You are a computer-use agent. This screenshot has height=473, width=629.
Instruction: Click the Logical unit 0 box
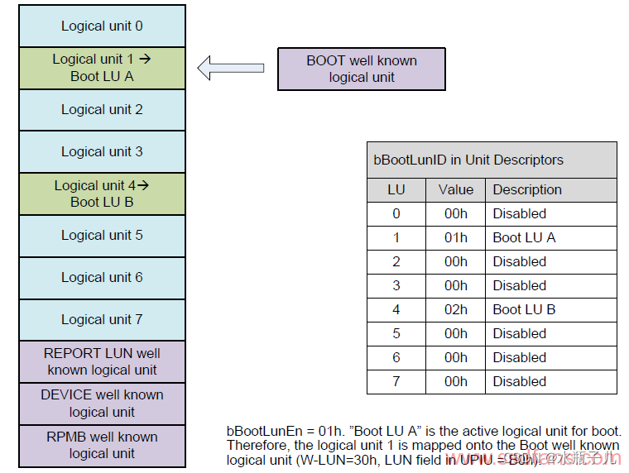[102, 26]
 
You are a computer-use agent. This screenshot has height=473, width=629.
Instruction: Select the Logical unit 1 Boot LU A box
[102, 68]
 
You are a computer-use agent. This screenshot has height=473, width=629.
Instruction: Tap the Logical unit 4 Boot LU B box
[102, 193]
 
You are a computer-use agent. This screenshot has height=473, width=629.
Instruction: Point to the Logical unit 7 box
[102, 319]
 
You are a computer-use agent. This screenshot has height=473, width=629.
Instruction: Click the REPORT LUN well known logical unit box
[102, 361]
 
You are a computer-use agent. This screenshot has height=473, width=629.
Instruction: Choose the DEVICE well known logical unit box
[102, 404]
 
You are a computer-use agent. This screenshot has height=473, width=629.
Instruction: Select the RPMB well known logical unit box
[102, 445]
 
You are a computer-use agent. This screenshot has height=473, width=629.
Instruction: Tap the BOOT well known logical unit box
[362, 69]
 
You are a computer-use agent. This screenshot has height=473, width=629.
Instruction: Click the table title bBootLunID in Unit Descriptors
[468, 160]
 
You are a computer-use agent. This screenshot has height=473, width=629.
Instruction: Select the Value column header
[455, 189]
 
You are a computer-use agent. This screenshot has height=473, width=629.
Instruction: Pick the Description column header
[527, 189]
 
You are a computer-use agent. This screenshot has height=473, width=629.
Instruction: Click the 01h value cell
[455, 237]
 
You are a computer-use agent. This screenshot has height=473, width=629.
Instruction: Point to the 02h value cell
[455, 309]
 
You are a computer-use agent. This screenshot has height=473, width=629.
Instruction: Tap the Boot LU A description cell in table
[524, 237]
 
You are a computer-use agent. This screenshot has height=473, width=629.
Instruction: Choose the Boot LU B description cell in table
[524, 309]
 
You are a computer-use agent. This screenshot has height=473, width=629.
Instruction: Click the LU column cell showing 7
[396, 381]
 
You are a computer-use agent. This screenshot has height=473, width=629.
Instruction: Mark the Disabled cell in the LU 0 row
[520, 213]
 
